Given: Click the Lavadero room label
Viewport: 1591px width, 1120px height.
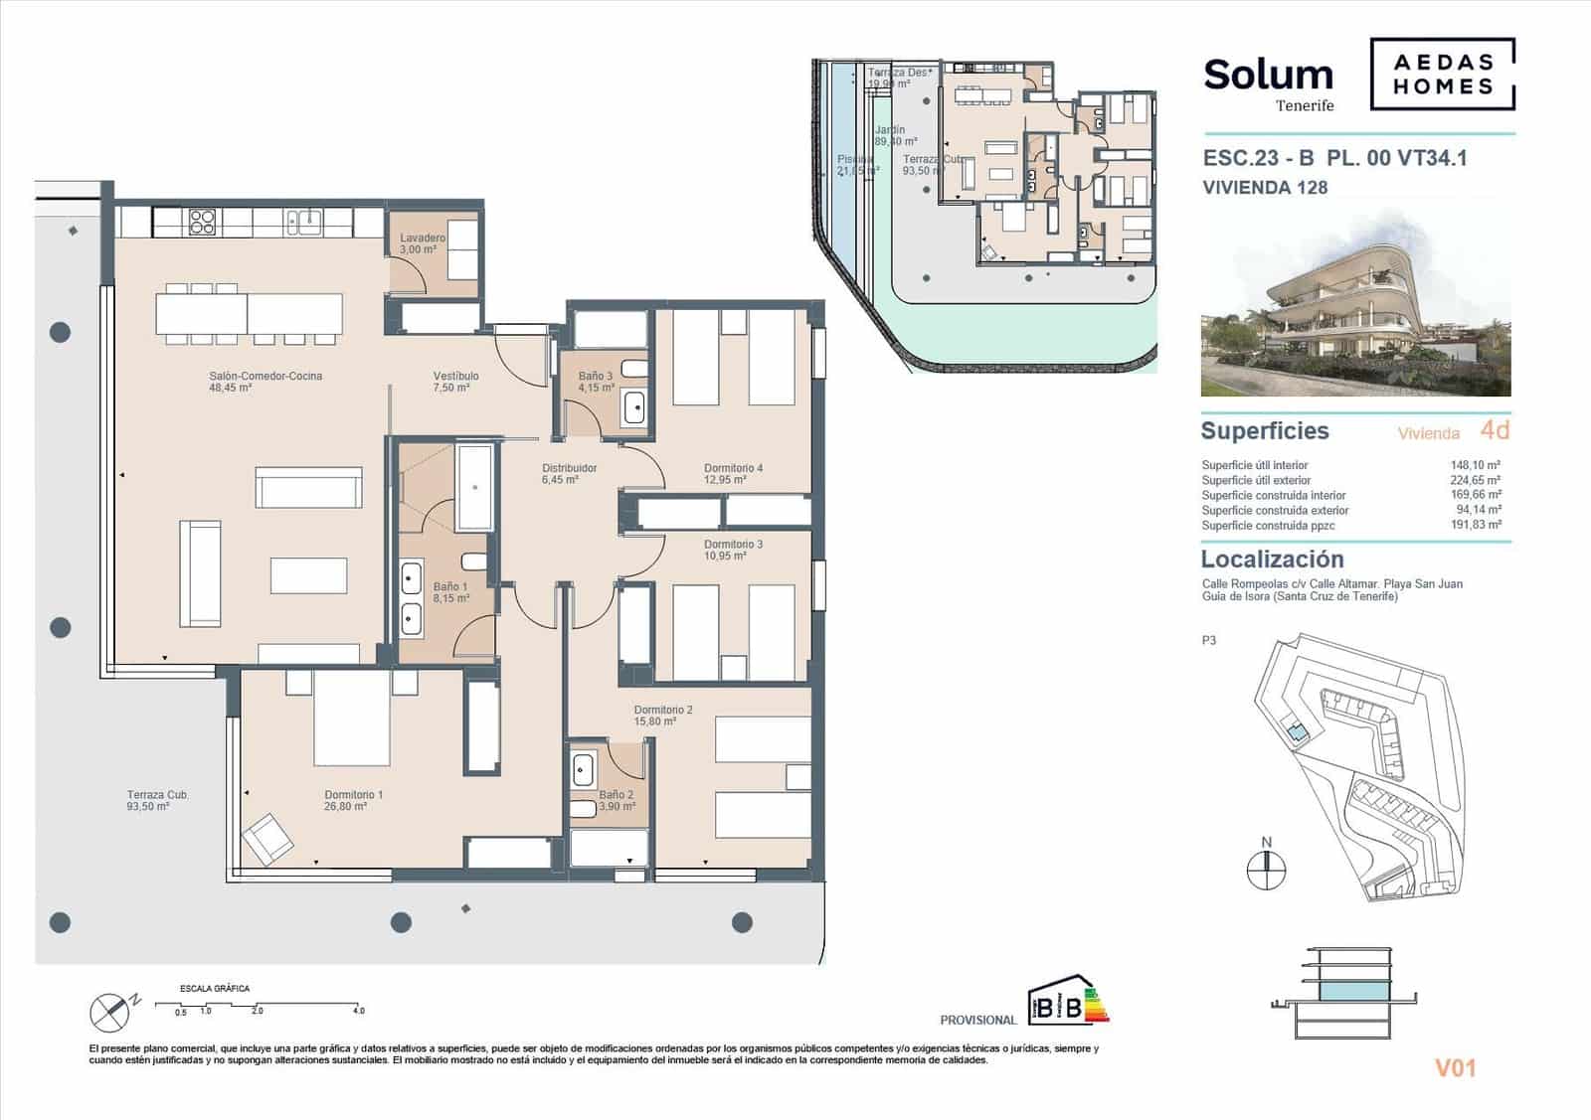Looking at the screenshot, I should click(x=423, y=238).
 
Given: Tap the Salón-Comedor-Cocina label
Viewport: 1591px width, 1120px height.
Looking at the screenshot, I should click(x=265, y=376).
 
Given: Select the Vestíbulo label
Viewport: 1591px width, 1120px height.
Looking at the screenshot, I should click(x=455, y=376).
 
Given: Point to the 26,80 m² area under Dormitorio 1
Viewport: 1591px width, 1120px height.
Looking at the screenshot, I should click(x=346, y=807).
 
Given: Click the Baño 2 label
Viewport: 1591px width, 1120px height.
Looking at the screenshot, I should click(x=616, y=794).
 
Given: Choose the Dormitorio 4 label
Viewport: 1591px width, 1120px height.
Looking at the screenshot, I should click(x=733, y=468).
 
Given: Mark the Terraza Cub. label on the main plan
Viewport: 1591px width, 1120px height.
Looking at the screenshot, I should click(x=157, y=795).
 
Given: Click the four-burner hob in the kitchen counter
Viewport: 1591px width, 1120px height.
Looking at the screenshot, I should click(x=203, y=221).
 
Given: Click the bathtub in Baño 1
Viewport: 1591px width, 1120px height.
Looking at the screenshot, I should click(x=474, y=487).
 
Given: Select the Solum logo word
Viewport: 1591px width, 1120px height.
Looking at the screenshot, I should click(x=1268, y=75).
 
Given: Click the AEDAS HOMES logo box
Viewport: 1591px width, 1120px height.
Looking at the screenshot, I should click(x=1442, y=74).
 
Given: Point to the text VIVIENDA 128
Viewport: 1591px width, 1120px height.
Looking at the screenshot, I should click(x=1264, y=187).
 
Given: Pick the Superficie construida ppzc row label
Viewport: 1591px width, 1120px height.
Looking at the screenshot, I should click(x=1268, y=525).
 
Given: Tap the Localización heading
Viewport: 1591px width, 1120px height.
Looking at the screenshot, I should click(x=1272, y=559).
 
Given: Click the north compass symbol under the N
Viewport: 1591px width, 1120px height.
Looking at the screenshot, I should click(x=1266, y=872).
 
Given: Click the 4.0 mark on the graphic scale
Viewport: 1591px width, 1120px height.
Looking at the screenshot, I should click(x=358, y=1011).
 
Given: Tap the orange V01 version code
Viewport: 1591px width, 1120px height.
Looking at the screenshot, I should click(x=1455, y=1068).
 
